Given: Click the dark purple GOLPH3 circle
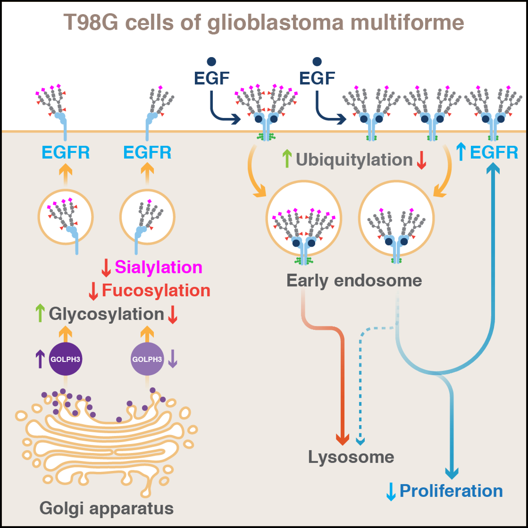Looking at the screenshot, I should coord(65,359).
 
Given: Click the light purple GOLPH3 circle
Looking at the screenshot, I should coord(147,359).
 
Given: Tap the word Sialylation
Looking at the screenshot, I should coord(159,267).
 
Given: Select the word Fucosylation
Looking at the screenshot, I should coord(156,290).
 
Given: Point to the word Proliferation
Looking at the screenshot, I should coord(451,491).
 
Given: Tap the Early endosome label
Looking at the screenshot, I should coord(354,281).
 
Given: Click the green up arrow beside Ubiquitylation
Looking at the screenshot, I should coord(287,159).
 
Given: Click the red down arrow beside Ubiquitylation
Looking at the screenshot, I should coord(421,160).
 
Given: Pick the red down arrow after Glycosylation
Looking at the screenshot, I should coord(172,315).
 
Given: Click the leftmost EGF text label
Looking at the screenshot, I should coord(212,78).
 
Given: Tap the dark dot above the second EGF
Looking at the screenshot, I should coord(317,62).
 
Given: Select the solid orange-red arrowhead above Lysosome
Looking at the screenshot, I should coord(342,440).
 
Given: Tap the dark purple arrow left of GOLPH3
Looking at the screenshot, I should coord(40,359).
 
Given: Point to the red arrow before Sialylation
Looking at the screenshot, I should coord(106,268).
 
